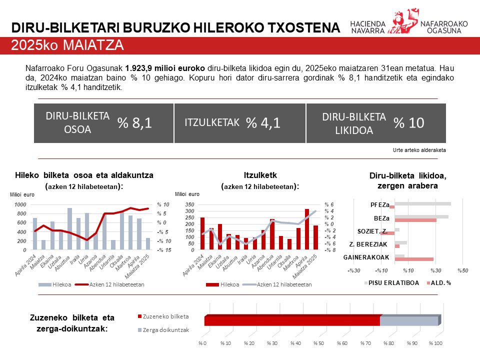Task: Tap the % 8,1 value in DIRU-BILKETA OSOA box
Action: (134, 123)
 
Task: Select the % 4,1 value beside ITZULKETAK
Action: (263, 123)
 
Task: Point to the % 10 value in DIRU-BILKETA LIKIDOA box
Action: (408, 123)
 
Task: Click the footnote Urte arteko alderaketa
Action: (419, 149)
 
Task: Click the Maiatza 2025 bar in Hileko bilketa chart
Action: (147, 243)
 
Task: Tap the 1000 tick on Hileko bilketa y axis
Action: (20, 204)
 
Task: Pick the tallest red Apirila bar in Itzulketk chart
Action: (306, 229)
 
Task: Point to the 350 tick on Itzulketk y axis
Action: (189, 204)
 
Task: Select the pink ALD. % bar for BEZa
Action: (415, 220)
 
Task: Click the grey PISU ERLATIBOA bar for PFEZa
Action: (423, 203)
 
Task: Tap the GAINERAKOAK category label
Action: (366, 257)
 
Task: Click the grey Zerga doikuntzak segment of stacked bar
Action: (409, 321)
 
